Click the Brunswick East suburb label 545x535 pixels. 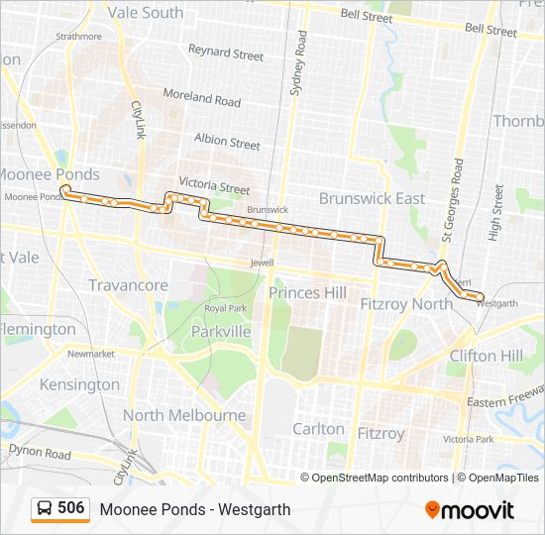[x=372, y=198]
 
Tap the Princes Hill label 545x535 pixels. [x=308, y=293]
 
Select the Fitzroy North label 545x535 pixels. [x=406, y=304]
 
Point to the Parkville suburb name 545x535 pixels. [x=221, y=332]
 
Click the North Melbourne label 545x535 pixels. [x=184, y=415]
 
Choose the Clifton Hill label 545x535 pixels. [x=486, y=356]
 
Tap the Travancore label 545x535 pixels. [x=129, y=285]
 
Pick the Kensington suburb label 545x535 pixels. [x=81, y=384]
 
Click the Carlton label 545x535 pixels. [x=318, y=429]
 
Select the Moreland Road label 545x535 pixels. [x=202, y=99]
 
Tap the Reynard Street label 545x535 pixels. [x=225, y=52]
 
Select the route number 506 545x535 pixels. [x=71, y=508]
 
